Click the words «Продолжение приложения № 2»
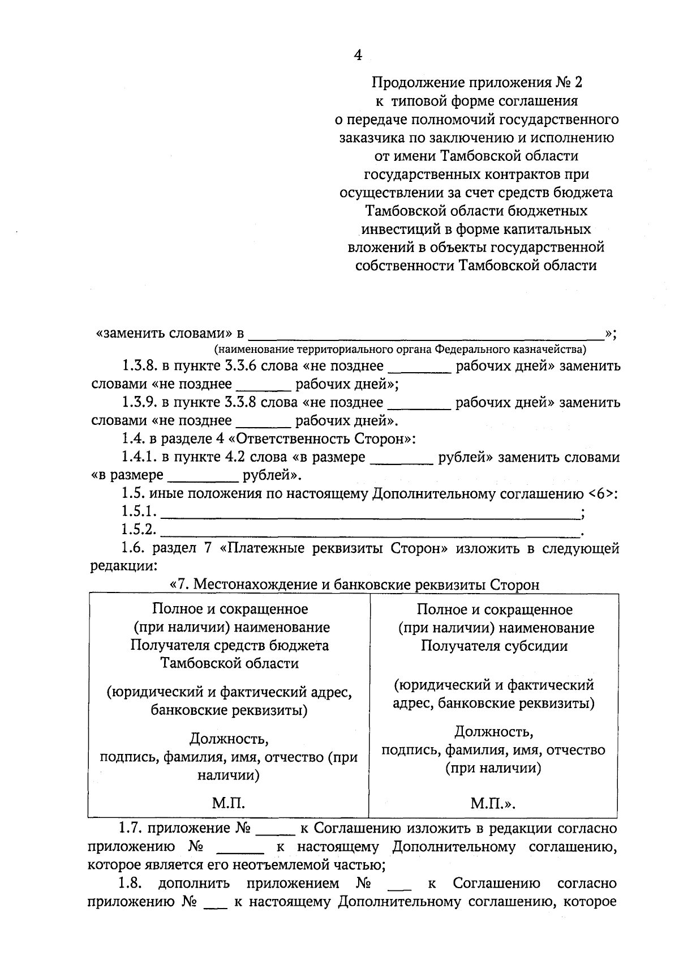point(476,83)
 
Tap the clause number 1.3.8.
point(139,366)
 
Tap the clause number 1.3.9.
point(139,403)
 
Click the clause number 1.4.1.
point(139,457)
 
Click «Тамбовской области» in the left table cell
point(229,663)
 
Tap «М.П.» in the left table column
point(228,803)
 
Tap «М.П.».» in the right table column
point(492,803)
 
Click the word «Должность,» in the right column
point(493,732)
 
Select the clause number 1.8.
point(130,883)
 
